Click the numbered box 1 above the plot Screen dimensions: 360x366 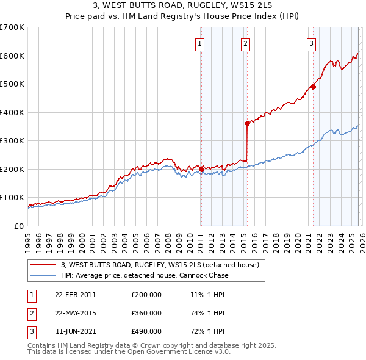[200, 43]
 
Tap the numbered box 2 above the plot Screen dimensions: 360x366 [245, 43]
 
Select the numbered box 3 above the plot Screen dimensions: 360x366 [311, 43]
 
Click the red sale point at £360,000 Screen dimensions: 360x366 [247, 124]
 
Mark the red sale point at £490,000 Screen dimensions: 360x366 [313, 87]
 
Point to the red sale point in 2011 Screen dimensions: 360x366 [201, 169]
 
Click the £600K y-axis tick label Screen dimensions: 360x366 [12, 56]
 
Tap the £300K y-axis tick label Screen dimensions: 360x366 [12, 140]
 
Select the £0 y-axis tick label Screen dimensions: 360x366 [18, 226]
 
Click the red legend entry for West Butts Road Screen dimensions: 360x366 [160, 265]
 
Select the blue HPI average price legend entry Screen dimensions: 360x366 [144, 275]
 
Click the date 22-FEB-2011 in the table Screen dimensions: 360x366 [75, 295]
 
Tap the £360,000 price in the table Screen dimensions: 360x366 [146, 313]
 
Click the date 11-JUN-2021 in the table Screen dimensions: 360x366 [75, 331]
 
